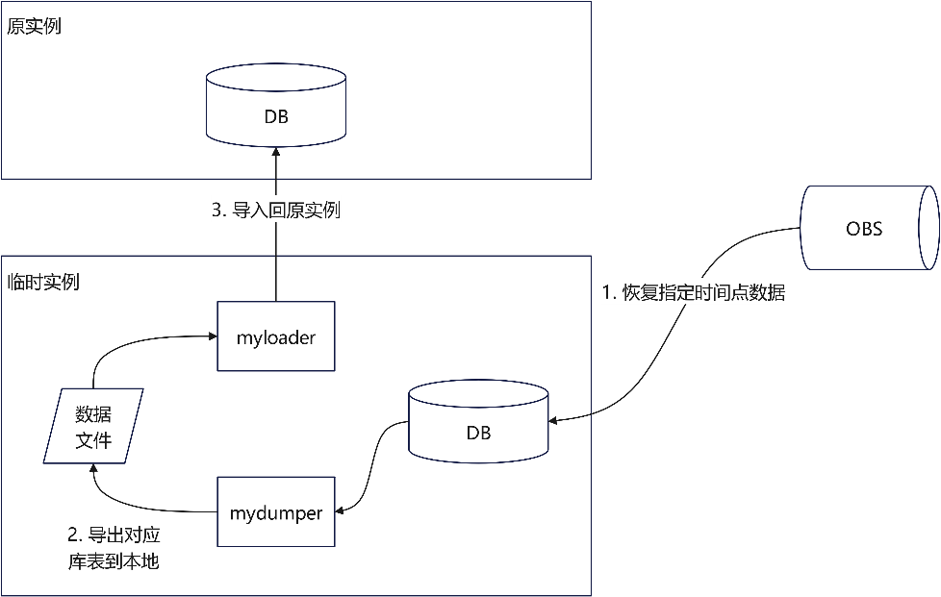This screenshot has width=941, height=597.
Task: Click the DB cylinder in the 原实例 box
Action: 276,112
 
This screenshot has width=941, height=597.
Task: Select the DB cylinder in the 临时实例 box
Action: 478,427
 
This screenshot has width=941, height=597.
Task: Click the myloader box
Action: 276,336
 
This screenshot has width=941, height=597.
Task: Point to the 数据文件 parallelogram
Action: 93,427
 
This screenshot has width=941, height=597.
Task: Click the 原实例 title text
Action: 34,26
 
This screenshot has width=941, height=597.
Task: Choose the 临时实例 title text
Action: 43,282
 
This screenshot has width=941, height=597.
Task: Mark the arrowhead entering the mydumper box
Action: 340,510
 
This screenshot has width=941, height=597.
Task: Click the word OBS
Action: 864,229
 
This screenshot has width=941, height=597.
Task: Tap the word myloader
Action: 276,337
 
